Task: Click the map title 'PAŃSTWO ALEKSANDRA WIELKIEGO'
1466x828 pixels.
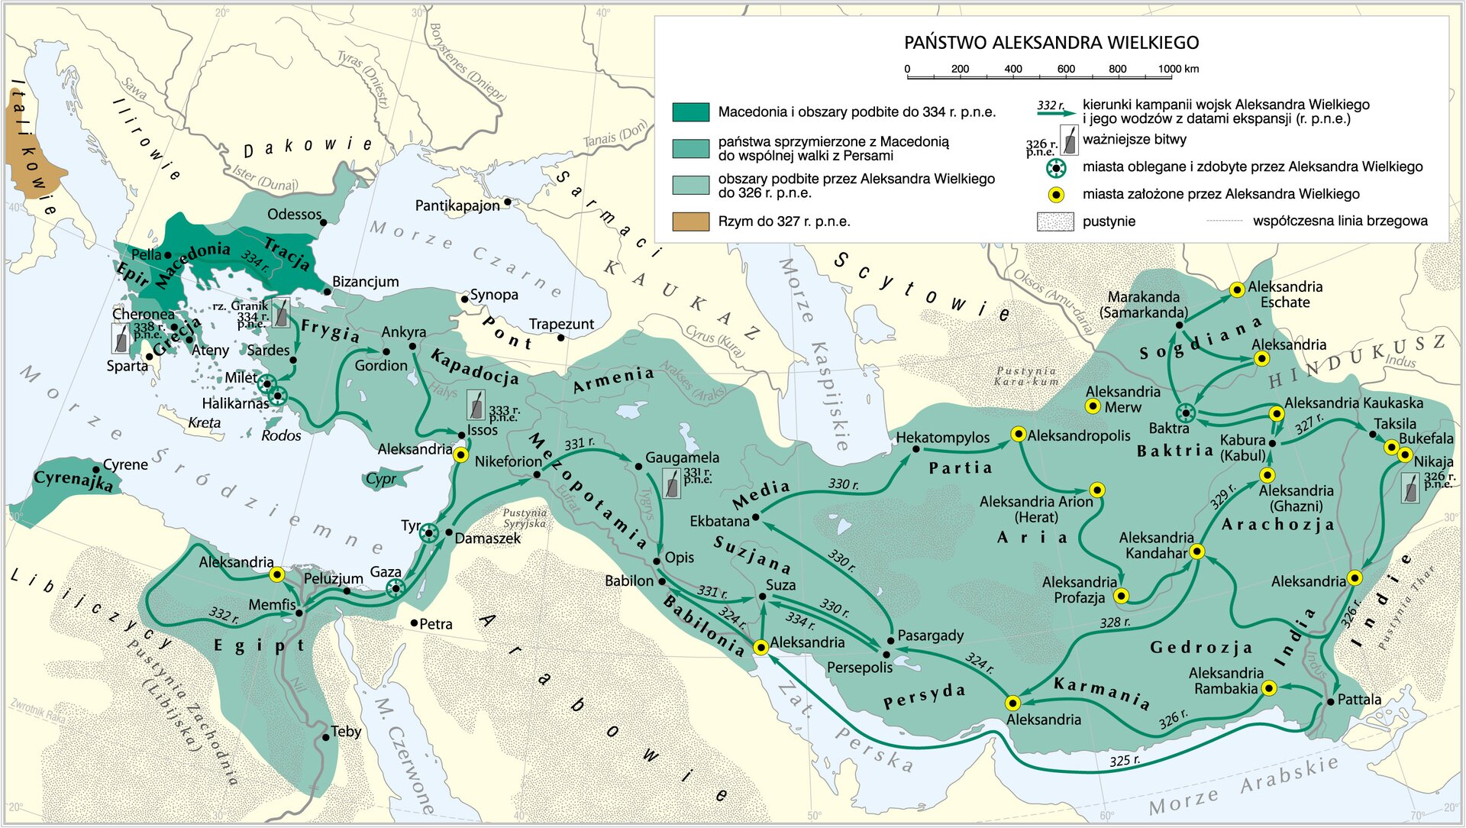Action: [1051, 43]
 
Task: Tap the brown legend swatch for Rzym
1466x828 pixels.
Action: [690, 222]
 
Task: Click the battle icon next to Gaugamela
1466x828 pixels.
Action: [671, 484]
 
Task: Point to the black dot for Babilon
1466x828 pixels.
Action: [661, 581]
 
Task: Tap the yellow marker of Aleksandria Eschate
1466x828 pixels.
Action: [1238, 289]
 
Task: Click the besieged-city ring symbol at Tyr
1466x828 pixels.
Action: [429, 533]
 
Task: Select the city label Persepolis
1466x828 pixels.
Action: [859, 668]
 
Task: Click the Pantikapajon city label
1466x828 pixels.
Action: [457, 205]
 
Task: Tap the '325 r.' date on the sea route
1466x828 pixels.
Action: [1124, 761]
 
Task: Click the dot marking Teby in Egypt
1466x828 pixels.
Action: [326, 737]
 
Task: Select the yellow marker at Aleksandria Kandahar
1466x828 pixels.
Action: [1196, 551]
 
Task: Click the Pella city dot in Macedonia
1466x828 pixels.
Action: [167, 254]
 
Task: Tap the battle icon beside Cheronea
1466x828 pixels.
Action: [121, 338]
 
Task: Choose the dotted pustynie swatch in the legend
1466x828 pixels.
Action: [1055, 222]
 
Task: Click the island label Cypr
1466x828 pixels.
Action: [380, 479]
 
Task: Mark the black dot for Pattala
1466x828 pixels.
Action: [1331, 700]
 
